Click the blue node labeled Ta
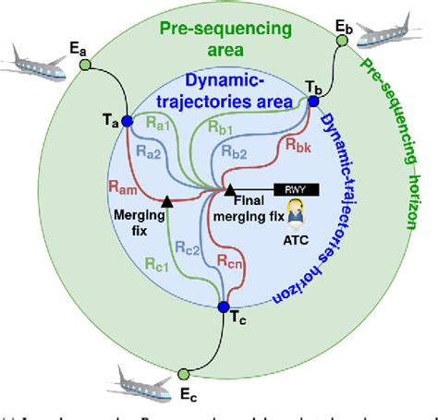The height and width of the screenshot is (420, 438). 128,122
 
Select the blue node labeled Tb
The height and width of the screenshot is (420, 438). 313,101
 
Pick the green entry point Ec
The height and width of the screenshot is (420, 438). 183,374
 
